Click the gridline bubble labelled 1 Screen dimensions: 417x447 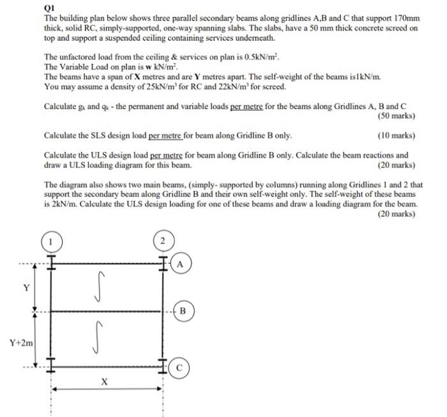[52, 242]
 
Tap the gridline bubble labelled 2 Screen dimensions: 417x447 [162, 241]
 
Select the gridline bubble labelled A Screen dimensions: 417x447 [181, 263]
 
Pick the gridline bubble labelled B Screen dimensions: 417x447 [183, 312]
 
